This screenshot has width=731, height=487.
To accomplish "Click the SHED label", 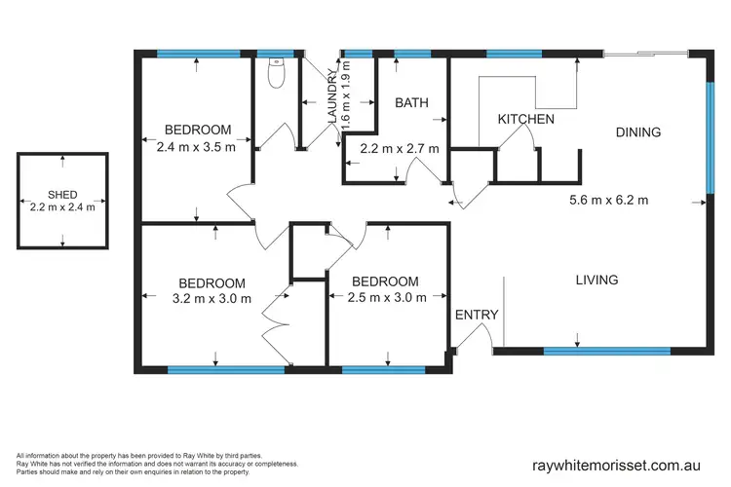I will click(x=61, y=194).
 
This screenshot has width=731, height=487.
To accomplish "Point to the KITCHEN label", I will click(x=526, y=119).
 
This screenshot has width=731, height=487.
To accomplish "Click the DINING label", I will click(x=638, y=132).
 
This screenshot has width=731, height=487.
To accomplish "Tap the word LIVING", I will click(x=596, y=280).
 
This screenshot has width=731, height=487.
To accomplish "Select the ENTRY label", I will click(x=477, y=315).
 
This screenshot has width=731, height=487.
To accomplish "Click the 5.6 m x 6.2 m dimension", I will click(x=609, y=202).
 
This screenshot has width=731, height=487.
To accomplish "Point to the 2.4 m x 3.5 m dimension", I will click(x=197, y=148).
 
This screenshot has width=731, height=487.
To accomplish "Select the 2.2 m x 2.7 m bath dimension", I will click(x=400, y=149).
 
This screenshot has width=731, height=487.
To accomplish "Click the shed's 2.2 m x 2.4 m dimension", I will click(x=61, y=207).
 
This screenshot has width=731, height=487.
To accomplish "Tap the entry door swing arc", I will click(x=478, y=336).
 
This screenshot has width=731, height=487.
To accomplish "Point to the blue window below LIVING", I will click(x=605, y=350).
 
